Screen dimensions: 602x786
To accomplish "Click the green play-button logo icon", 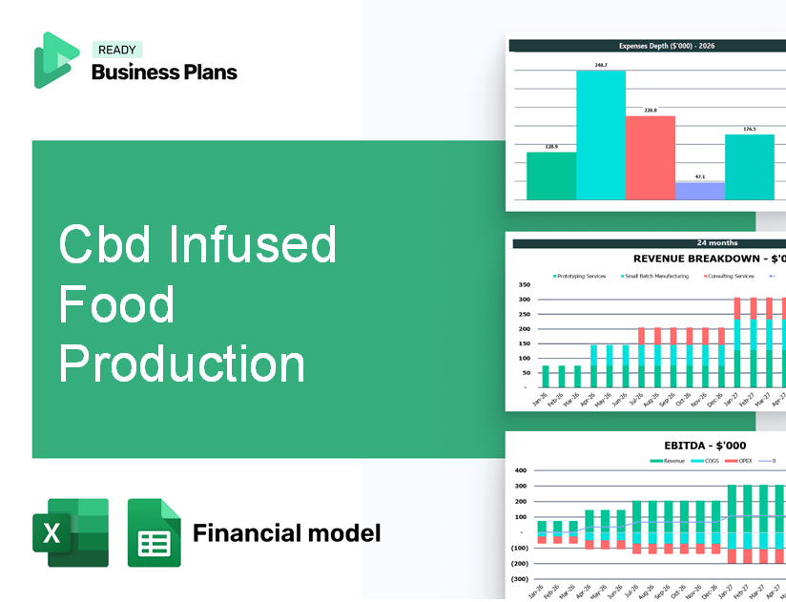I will pos(56,60).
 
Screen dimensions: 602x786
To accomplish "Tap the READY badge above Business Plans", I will pos(116,50).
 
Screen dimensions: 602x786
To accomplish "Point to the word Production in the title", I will pos(182,363).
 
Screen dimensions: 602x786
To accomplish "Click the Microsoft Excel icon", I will pos(71,532).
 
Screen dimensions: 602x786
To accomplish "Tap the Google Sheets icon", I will pos(154,532).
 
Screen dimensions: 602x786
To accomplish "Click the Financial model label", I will pos(286,532).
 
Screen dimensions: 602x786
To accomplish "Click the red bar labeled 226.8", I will pos(651,157).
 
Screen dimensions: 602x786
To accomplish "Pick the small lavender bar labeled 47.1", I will pos(700,191).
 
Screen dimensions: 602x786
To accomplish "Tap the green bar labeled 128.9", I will pos(551,176).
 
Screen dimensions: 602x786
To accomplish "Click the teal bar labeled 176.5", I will pos(750,167).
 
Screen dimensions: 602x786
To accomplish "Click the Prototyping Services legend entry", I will pos(582,276).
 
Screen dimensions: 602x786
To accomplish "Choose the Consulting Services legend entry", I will pos(730,276).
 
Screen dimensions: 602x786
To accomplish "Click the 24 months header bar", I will pos(649,243).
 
